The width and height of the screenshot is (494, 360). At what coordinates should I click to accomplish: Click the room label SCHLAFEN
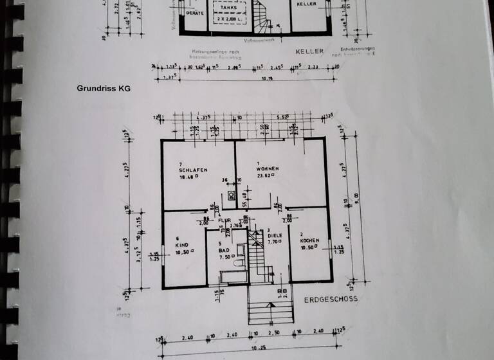(x=194, y=170)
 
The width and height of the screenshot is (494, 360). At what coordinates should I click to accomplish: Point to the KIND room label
(x=182, y=246)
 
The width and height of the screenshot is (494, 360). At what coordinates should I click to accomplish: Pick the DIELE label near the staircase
(x=276, y=236)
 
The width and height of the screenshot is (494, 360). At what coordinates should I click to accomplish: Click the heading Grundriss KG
(x=104, y=89)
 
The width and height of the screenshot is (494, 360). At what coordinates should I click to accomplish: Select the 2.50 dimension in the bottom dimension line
(x=273, y=335)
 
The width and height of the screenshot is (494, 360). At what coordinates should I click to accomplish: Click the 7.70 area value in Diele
(x=275, y=242)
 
